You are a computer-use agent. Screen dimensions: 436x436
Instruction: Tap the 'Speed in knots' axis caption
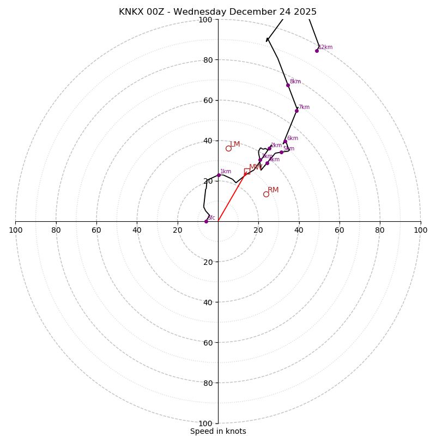click(x=218, y=431)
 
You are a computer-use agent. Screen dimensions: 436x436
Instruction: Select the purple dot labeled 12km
click(x=317, y=51)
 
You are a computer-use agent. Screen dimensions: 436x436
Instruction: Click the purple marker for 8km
click(x=288, y=85)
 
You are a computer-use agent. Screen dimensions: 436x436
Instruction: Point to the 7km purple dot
click(x=296, y=111)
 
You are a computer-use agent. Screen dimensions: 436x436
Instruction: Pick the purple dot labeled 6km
click(x=285, y=142)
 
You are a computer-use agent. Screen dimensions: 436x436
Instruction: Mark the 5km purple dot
click(x=281, y=152)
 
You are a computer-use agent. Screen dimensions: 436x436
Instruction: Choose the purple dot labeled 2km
click(x=269, y=148)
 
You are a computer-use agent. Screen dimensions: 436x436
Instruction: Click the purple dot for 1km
click(x=219, y=175)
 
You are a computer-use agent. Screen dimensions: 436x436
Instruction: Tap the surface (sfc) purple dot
click(x=206, y=221)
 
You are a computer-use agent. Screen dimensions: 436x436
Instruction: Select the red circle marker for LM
click(x=228, y=148)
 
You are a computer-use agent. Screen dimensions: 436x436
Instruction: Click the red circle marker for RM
click(x=266, y=194)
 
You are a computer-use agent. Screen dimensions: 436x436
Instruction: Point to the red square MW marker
click(x=247, y=171)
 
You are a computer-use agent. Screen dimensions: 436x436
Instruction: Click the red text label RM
click(x=273, y=190)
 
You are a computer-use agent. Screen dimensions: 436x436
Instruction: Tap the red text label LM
click(x=234, y=144)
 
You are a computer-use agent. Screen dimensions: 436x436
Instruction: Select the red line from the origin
click(x=232, y=197)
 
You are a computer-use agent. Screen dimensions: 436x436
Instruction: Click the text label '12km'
click(x=325, y=47)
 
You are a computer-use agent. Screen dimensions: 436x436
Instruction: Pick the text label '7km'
click(x=304, y=107)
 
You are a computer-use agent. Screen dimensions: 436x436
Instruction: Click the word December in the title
click(x=251, y=12)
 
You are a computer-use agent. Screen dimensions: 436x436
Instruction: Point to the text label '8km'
click(x=295, y=82)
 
